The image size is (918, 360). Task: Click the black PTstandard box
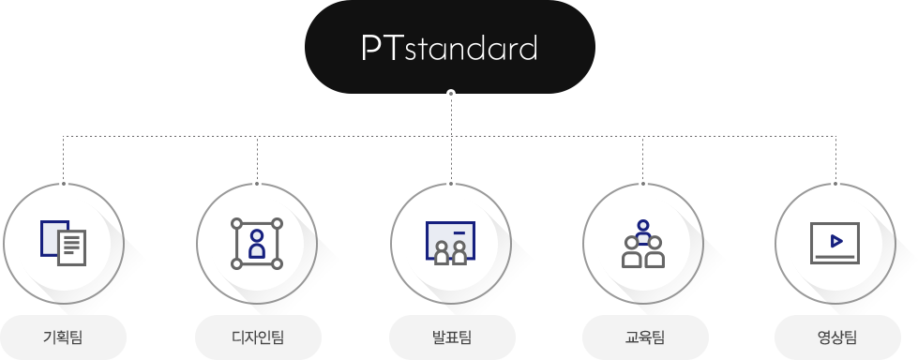pyautogui.click(x=450, y=47)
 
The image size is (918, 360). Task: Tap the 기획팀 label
pyautogui.click(x=63, y=337)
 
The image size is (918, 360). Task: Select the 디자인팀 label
pyautogui.click(x=258, y=337)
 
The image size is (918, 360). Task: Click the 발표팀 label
pyautogui.click(x=452, y=337)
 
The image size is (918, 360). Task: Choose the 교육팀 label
pyautogui.click(x=644, y=337)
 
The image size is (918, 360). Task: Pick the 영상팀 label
pyautogui.click(x=837, y=337)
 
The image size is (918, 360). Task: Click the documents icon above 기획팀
pyautogui.click(x=63, y=243)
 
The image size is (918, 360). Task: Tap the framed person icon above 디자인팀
pyautogui.click(x=256, y=244)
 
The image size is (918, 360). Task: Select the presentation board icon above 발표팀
pyautogui.click(x=450, y=243)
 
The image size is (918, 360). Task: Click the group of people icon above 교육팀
pyautogui.click(x=643, y=244)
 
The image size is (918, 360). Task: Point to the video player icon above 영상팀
pyautogui.click(x=835, y=243)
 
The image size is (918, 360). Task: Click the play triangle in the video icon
pyautogui.click(x=836, y=241)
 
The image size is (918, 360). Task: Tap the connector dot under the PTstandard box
pyautogui.click(x=450, y=93)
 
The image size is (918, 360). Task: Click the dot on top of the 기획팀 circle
pyautogui.click(x=63, y=184)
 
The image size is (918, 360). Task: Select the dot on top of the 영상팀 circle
pyautogui.click(x=835, y=184)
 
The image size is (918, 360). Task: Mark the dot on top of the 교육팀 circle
pyautogui.click(x=643, y=184)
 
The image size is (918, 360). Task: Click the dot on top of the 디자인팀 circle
pyautogui.click(x=256, y=184)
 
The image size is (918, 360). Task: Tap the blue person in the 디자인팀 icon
pyautogui.click(x=256, y=244)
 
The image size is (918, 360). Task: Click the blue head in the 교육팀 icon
pyautogui.click(x=643, y=225)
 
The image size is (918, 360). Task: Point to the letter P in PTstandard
pyautogui.click(x=371, y=48)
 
